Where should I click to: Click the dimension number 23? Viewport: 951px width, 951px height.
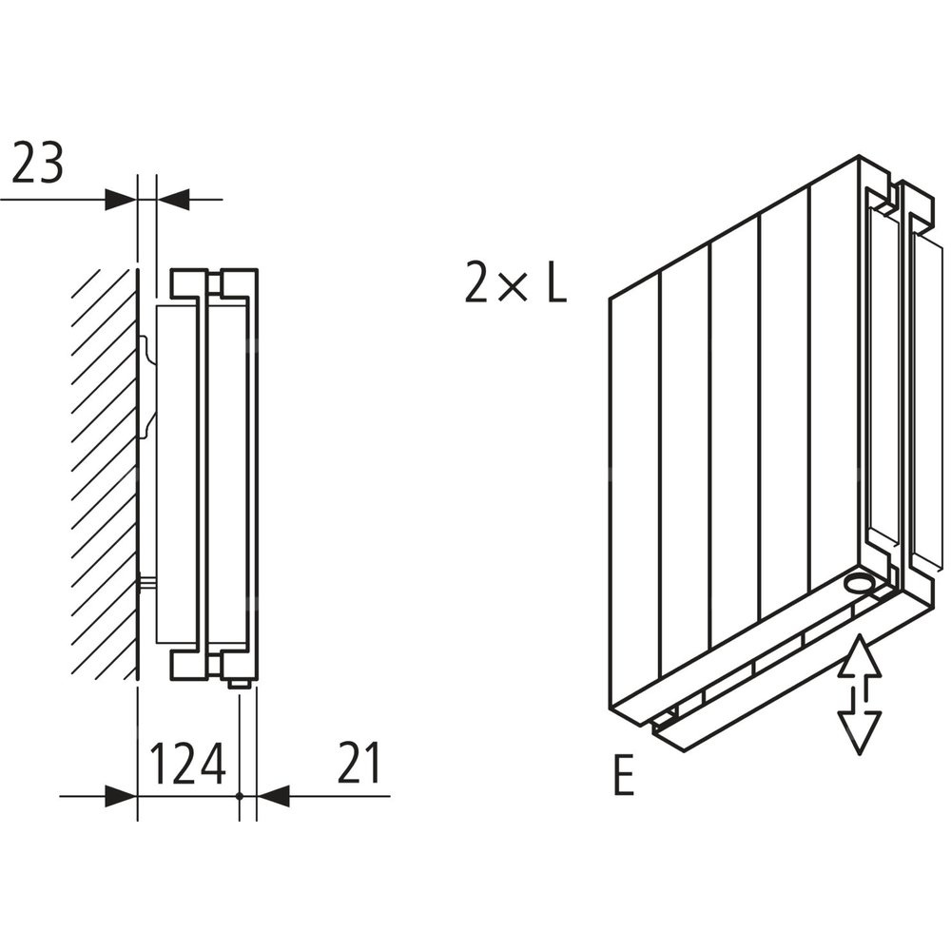coord(38,164)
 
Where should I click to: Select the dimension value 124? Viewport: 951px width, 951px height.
coord(188,764)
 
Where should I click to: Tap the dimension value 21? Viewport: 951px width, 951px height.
coord(359,764)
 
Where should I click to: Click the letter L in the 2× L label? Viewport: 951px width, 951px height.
coord(555,282)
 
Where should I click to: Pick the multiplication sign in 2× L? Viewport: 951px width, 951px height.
coord(514,286)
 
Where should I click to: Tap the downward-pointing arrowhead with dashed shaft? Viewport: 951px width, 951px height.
coord(860,731)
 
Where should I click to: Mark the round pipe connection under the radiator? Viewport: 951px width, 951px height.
coord(861,583)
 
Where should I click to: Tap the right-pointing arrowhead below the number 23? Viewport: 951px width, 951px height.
coord(121,200)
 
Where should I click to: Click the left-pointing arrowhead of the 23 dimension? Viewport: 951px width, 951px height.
coord(174,200)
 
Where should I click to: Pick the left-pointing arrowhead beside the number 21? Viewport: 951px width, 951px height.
coord(274,796)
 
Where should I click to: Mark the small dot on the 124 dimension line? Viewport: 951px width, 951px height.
coord(240,796)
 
